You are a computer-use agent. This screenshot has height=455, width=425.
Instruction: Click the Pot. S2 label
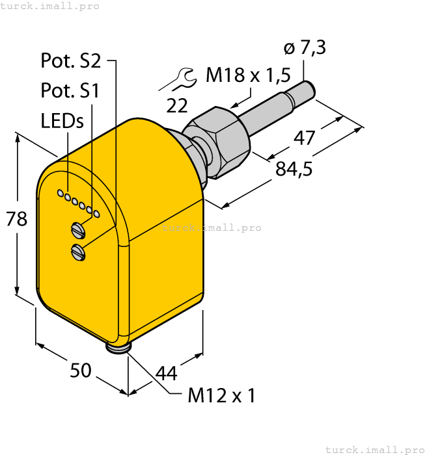70,61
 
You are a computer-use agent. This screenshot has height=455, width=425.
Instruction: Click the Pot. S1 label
70,90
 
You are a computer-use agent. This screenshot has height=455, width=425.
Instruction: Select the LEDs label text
62,121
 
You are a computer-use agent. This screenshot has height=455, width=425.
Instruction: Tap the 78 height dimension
17,218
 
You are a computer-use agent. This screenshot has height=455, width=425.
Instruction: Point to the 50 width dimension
80,371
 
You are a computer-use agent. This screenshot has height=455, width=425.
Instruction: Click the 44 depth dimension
166,373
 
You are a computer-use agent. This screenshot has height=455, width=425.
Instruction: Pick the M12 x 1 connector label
221,395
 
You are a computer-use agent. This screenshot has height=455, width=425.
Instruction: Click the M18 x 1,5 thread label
248,76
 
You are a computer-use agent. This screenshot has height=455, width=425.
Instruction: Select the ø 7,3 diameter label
305,47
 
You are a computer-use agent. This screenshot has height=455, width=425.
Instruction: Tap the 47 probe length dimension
304,138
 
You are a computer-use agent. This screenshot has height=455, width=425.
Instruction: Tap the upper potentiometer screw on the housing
77,228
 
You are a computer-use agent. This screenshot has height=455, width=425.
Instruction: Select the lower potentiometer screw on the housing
78,251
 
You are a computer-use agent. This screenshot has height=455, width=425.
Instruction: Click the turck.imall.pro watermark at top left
50,6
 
